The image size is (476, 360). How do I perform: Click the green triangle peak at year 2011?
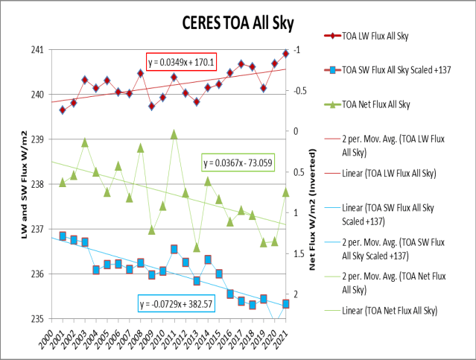[174, 134]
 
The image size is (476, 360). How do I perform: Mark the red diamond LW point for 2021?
[285, 54]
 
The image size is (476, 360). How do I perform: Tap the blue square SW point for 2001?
[63, 236]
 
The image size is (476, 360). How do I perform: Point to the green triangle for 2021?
[285, 192]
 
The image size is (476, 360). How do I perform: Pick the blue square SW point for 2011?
[174, 249]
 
